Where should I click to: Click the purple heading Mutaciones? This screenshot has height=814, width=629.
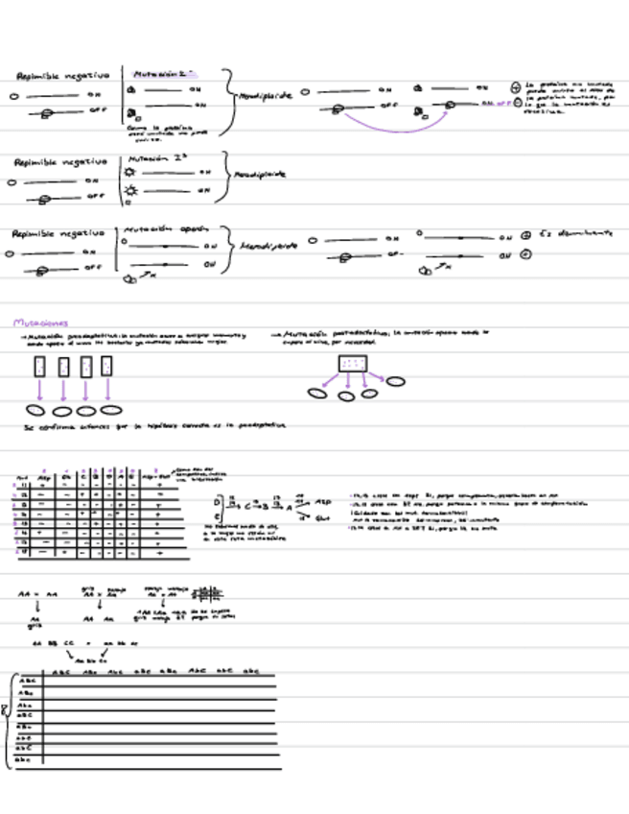click(x=34, y=323)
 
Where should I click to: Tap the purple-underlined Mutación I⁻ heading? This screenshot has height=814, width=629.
click(x=162, y=72)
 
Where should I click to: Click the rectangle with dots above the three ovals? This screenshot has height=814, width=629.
click(x=354, y=364)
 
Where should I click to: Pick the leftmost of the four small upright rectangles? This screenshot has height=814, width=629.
click(x=39, y=366)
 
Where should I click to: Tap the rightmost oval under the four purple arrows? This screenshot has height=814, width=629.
click(x=111, y=410)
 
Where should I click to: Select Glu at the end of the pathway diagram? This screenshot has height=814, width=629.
click(x=324, y=520)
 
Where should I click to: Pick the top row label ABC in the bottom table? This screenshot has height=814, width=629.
click(x=26, y=681)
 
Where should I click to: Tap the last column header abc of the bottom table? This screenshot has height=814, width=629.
click(x=250, y=670)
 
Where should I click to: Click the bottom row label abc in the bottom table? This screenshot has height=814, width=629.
click(x=25, y=760)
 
